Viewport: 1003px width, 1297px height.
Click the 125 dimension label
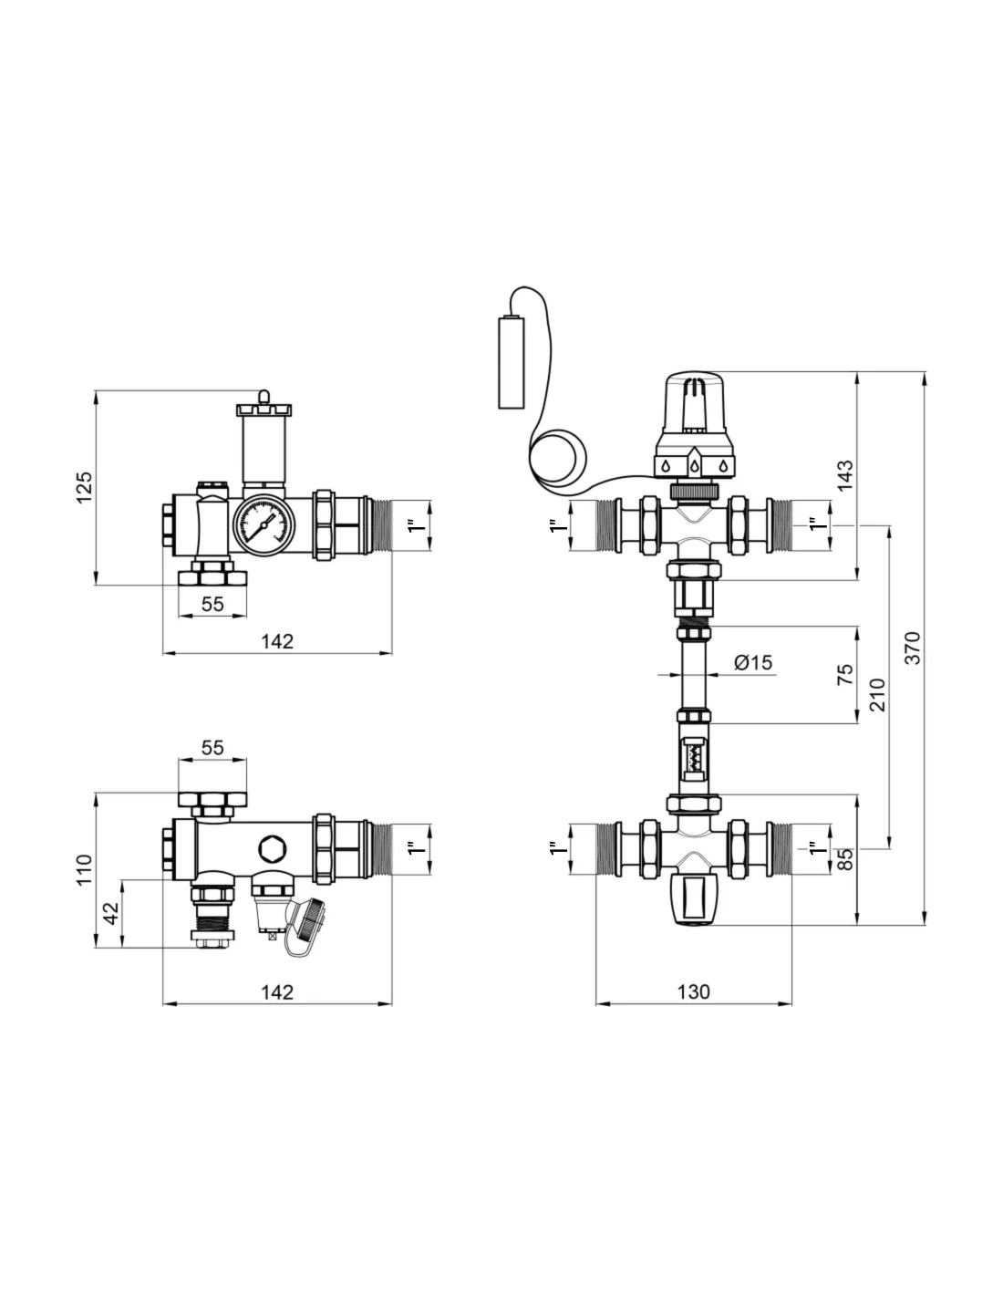(85, 487)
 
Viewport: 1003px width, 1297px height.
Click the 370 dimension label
(913, 648)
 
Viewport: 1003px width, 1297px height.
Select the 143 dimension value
(845, 476)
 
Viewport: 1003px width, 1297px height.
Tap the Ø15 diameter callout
(752, 662)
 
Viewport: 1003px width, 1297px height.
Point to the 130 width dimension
(693, 991)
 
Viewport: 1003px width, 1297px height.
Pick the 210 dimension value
(878, 695)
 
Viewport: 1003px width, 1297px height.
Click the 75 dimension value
(845, 674)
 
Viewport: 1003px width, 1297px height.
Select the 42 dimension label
(111, 913)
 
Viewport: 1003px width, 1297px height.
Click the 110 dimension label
(85, 870)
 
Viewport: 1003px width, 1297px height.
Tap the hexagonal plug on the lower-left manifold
(272, 848)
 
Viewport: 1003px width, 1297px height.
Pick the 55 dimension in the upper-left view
(212, 604)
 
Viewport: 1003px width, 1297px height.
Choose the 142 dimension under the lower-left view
(277, 992)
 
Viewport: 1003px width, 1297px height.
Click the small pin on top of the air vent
(264, 398)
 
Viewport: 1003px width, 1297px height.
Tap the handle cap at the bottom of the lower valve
(693, 900)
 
